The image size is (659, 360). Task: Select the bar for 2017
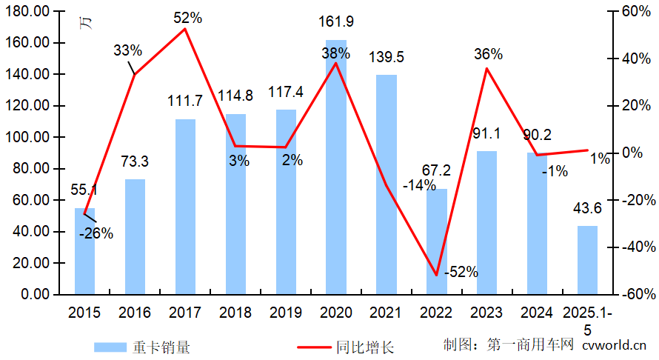coord(185,207)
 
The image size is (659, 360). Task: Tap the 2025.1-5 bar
coord(587,260)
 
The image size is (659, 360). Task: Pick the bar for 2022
coord(437,241)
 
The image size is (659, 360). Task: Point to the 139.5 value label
coord(386,57)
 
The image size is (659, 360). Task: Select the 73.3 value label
coord(135,162)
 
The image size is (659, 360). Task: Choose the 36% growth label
coord(488,54)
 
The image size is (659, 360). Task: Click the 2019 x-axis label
coord(285,313)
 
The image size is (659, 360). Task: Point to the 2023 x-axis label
coord(486,313)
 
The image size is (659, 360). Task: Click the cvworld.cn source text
coord(615,344)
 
